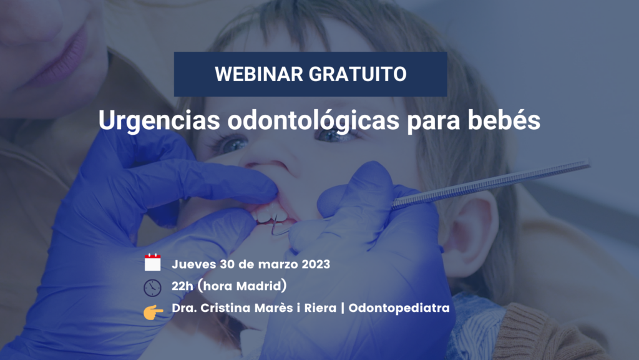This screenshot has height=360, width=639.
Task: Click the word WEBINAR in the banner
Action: pyautogui.click(x=259, y=74)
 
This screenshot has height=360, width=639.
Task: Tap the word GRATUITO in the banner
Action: pyautogui.click(x=358, y=74)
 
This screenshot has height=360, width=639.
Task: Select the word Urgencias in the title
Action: pyautogui.click(x=159, y=121)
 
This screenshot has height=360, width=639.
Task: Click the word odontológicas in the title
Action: pyautogui.click(x=313, y=120)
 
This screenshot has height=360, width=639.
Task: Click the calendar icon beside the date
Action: pyautogui.click(x=152, y=262)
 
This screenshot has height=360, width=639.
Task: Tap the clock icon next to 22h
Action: pyautogui.click(x=152, y=288)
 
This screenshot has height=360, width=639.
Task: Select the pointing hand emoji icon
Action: pyautogui.click(x=154, y=312)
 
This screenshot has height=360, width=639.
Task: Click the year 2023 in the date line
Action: pyautogui.click(x=316, y=265)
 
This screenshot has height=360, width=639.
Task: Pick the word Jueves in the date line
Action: pyautogui.click(x=194, y=265)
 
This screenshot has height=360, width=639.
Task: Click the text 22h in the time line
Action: pyautogui.click(x=182, y=286)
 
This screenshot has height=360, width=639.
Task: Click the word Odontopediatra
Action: pyautogui.click(x=399, y=308)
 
